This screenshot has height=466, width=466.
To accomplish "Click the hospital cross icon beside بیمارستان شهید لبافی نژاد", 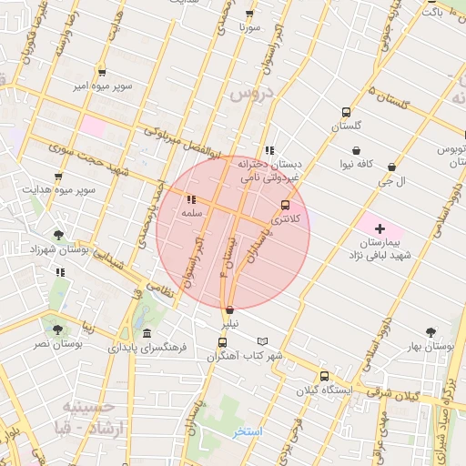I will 380,227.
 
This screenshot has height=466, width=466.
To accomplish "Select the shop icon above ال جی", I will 392,167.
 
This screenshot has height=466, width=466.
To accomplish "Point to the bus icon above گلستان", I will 346,112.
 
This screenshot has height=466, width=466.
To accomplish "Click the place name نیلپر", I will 229,323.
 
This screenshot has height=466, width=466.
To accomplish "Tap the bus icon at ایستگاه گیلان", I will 324,376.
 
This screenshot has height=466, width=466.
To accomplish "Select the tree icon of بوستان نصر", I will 58,330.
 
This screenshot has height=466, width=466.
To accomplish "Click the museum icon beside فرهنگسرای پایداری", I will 147,334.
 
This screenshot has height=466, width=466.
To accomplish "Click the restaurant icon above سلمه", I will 190,199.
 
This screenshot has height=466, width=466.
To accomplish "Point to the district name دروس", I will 251,95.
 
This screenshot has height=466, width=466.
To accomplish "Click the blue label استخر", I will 247,431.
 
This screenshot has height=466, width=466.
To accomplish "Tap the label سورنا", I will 249,28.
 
